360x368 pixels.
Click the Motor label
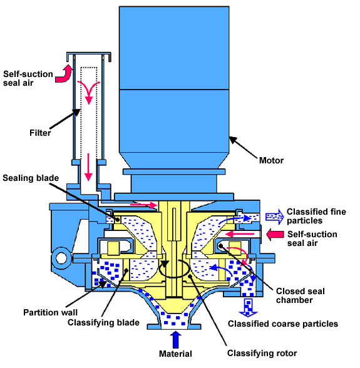pyautogui.click(x=271, y=160)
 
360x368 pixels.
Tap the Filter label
pyautogui.click(x=40, y=133)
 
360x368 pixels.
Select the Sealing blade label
pyautogui.click(x=31, y=178)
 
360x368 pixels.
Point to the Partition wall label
pyautogui.click(x=50, y=312)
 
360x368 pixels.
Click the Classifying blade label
pyautogui.click(x=103, y=322)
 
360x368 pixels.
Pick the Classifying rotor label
pyautogui.click(x=262, y=353)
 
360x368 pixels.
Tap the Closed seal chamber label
pyautogui.click(x=300, y=295)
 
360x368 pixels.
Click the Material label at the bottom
pyautogui.click(x=175, y=354)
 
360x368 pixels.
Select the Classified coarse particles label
pyautogui.click(x=283, y=324)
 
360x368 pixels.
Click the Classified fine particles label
pyautogui.click(x=316, y=216)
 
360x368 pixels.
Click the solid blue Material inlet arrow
pyautogui.click(x=175, y=339)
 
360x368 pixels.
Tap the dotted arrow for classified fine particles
pyautogui.click(x=274, y=217)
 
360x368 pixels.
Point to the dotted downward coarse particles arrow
pyautogui.click(x=248, y=308)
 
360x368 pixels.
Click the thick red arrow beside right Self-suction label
pyautogui.click(x=275, y=234)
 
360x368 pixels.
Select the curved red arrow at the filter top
pyautogui.click(x=64, y=74)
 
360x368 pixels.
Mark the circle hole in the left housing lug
pyautogui.click(x=61, y=258)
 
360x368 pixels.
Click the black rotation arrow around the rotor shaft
pyautogui.click(x=174, y=268)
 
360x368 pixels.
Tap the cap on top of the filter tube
pyautogui.click(x=89, y=56)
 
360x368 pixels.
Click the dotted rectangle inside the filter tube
pyautogui.click(x=89, y=113)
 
